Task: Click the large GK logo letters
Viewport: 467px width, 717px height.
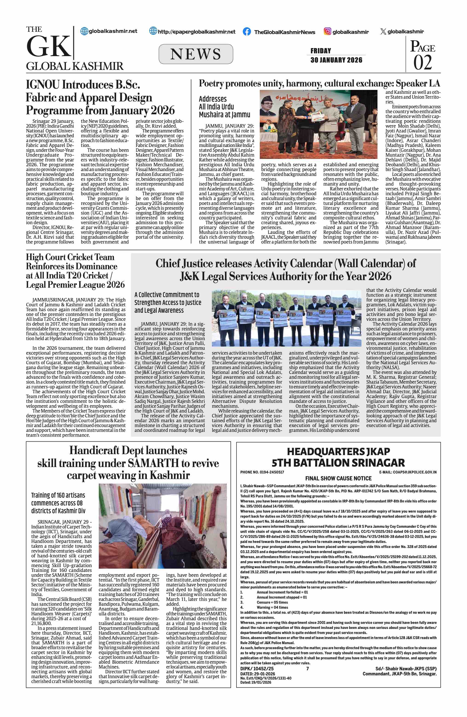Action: coord(48,46)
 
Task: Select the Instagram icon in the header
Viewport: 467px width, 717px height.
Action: coord(328,31)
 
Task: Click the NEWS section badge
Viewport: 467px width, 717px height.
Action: coord(196,54)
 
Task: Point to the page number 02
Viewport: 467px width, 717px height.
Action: coord(422,63)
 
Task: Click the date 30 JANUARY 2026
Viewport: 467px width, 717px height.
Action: coord(336,60)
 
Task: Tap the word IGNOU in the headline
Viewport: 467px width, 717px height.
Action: coord(43,85)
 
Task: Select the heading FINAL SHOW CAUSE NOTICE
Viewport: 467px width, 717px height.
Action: coord(338,478)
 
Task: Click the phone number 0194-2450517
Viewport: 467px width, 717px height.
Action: coord(271,472)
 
